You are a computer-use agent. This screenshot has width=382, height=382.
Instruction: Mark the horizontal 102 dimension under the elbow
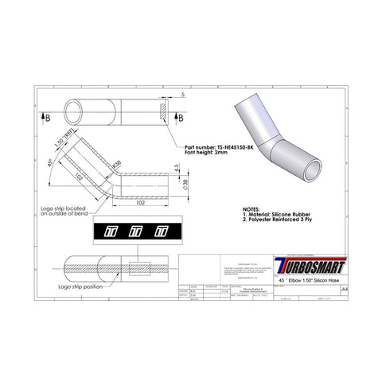coord(139,202)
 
